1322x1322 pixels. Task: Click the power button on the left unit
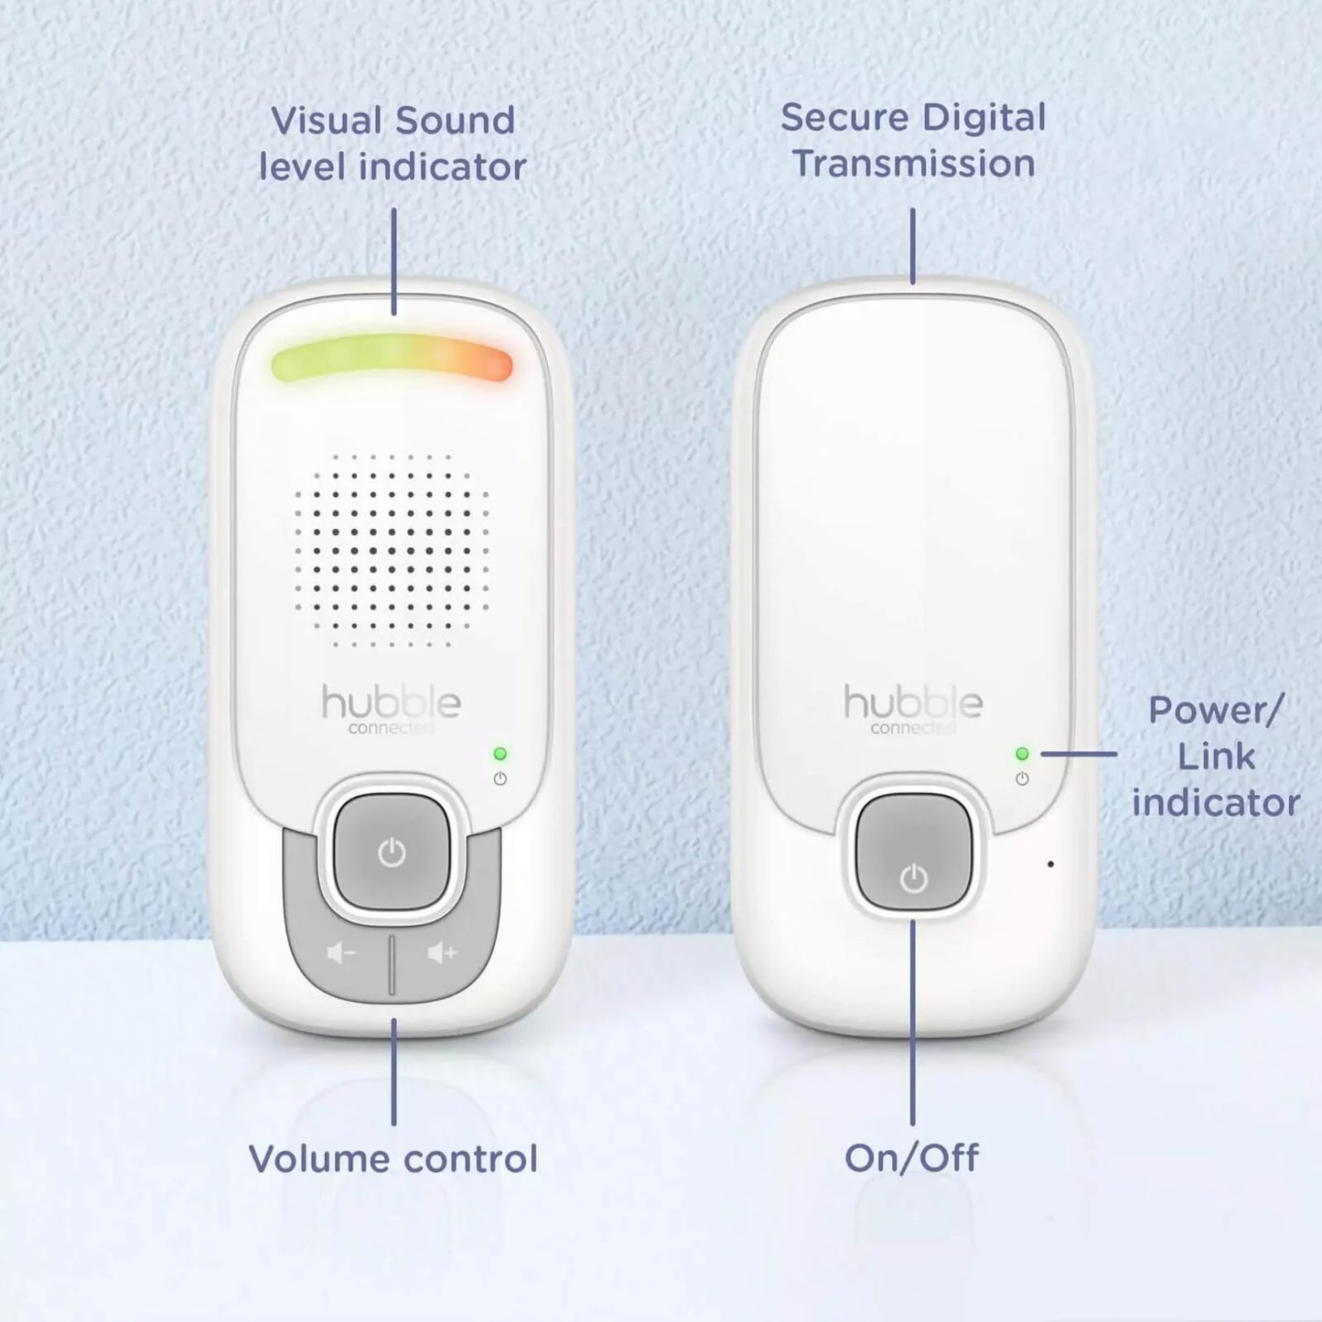tap(392, 853)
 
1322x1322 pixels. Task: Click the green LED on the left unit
tap(500, 754)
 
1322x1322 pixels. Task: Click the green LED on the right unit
tap(1022, 754)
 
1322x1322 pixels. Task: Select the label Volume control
tap(393, 1158)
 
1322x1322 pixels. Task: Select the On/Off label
tap(911, 1158)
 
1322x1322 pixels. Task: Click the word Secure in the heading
tap(844, 118)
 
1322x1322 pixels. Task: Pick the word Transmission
tap(913, 165)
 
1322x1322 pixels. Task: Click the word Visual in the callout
tap(326, 121)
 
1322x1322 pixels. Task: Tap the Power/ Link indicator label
tap(1215, 756)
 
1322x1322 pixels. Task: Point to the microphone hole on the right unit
tap(1050, 864)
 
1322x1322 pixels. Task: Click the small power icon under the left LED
tap(500, 779)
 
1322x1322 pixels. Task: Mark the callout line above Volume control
tap(393, 1070)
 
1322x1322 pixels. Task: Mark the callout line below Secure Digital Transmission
tap(912, 245)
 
